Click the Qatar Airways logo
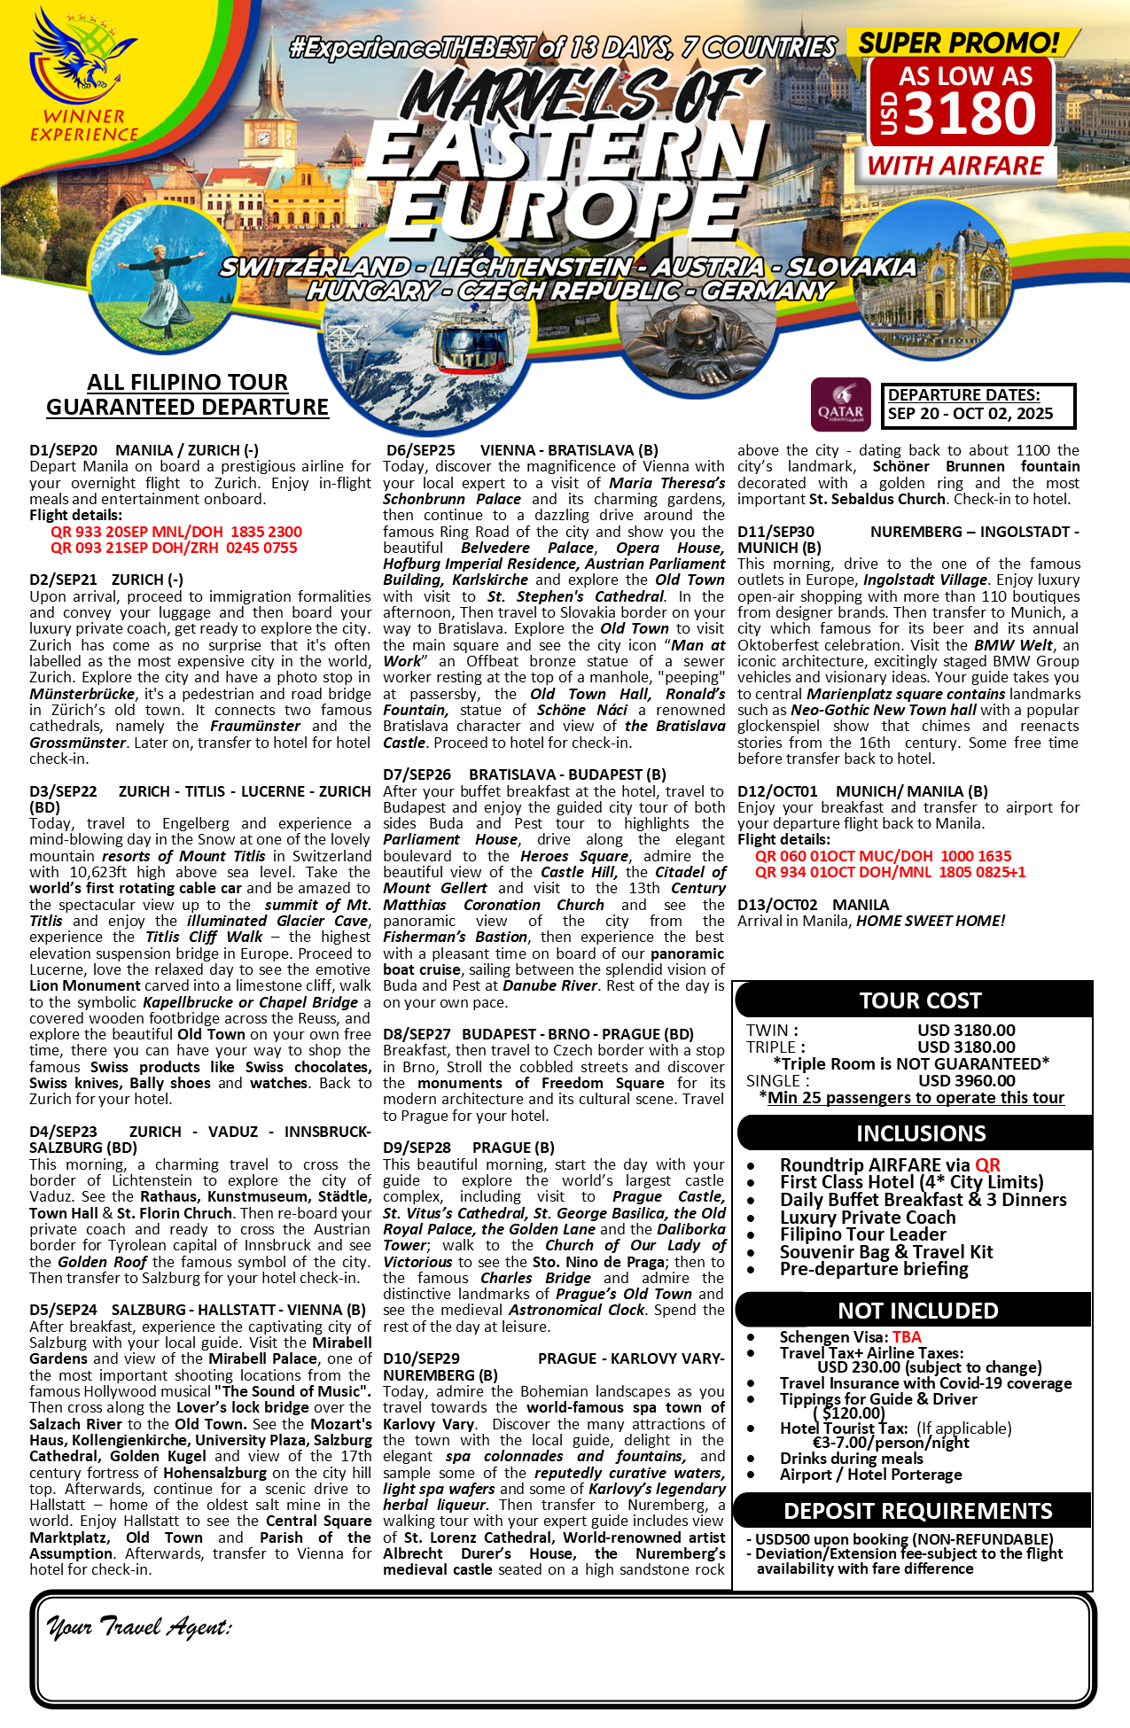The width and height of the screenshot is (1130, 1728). click(840, 405)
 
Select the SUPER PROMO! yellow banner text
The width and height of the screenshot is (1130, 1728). click(959, 43)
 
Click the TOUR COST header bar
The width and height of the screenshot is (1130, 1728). click(920, 1000)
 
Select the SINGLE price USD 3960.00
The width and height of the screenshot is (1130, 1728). click(966, 1080)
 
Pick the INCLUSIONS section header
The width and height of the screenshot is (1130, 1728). click(920, 1133)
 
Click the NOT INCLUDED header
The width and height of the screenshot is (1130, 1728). click(918, 1311)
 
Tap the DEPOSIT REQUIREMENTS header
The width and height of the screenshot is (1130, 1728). click(918, 1511)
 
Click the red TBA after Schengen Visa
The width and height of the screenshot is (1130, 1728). click(907, 1337)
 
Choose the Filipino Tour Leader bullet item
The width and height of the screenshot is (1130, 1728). click(862, 1234)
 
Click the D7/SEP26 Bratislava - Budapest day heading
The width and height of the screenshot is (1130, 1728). click(524, 774)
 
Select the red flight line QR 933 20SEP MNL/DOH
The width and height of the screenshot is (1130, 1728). click(175, 532)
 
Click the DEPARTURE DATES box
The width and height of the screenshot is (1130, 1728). click(978, 405)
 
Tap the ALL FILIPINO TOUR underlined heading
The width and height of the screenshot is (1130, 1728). click(187, 382)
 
